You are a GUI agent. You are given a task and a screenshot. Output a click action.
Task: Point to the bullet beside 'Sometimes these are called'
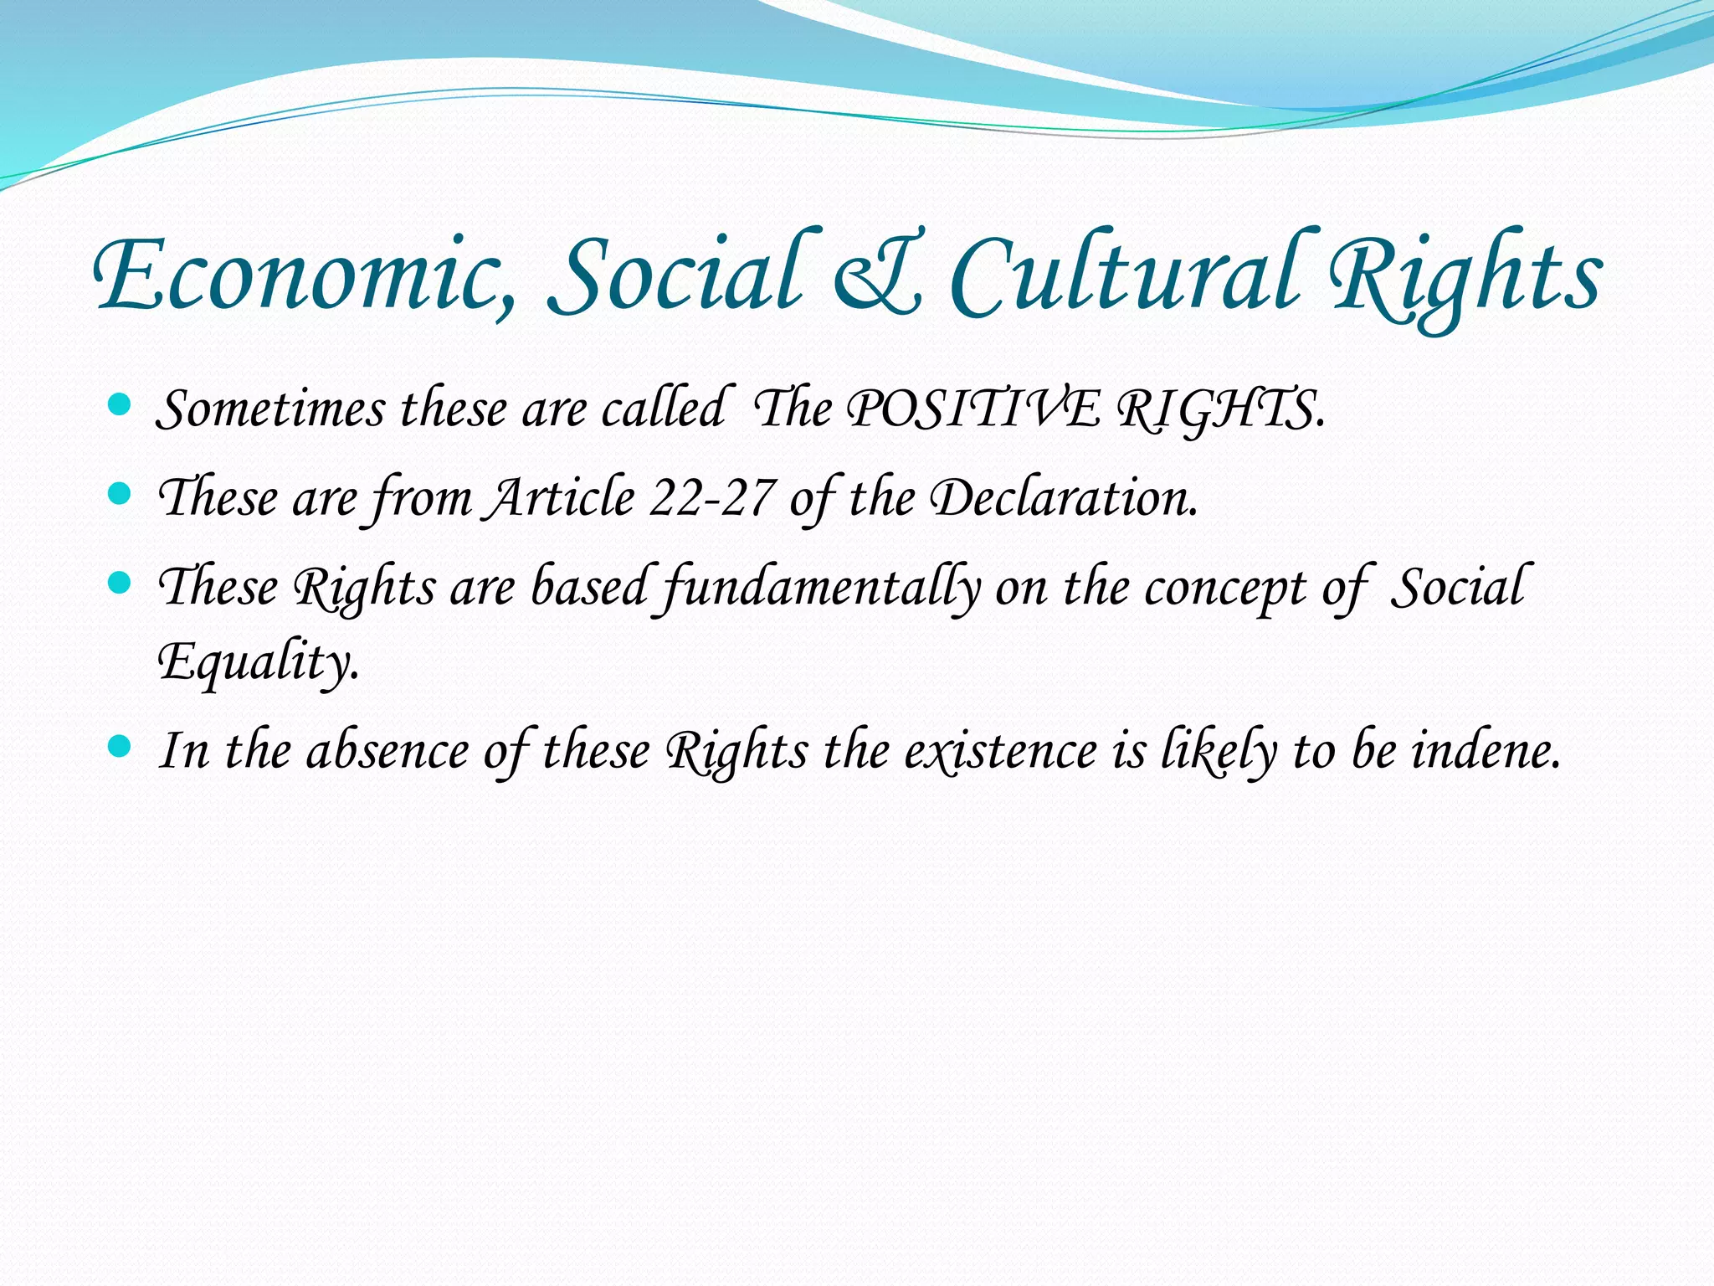(120, 406)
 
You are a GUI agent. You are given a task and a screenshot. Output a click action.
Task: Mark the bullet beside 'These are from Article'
(120, 495)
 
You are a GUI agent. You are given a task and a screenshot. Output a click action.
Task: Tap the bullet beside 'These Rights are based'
(120, 583)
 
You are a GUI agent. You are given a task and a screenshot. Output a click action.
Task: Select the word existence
(1000, 751)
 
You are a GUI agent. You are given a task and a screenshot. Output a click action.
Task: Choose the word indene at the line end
(1486, 751)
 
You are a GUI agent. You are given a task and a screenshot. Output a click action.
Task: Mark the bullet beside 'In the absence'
(120, 746)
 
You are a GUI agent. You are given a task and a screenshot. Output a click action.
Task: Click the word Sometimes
(272, 410)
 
